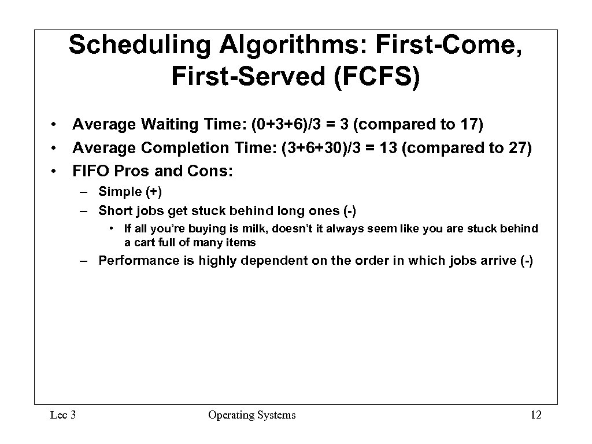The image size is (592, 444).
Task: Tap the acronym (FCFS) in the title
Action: pos(376,76)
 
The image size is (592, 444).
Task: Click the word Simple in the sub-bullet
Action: pos(120,192)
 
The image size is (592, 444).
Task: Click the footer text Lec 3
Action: pos(62,415)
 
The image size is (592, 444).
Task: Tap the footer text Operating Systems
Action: pos(251,415)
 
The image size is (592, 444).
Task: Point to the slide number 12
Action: pos(535,415)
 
